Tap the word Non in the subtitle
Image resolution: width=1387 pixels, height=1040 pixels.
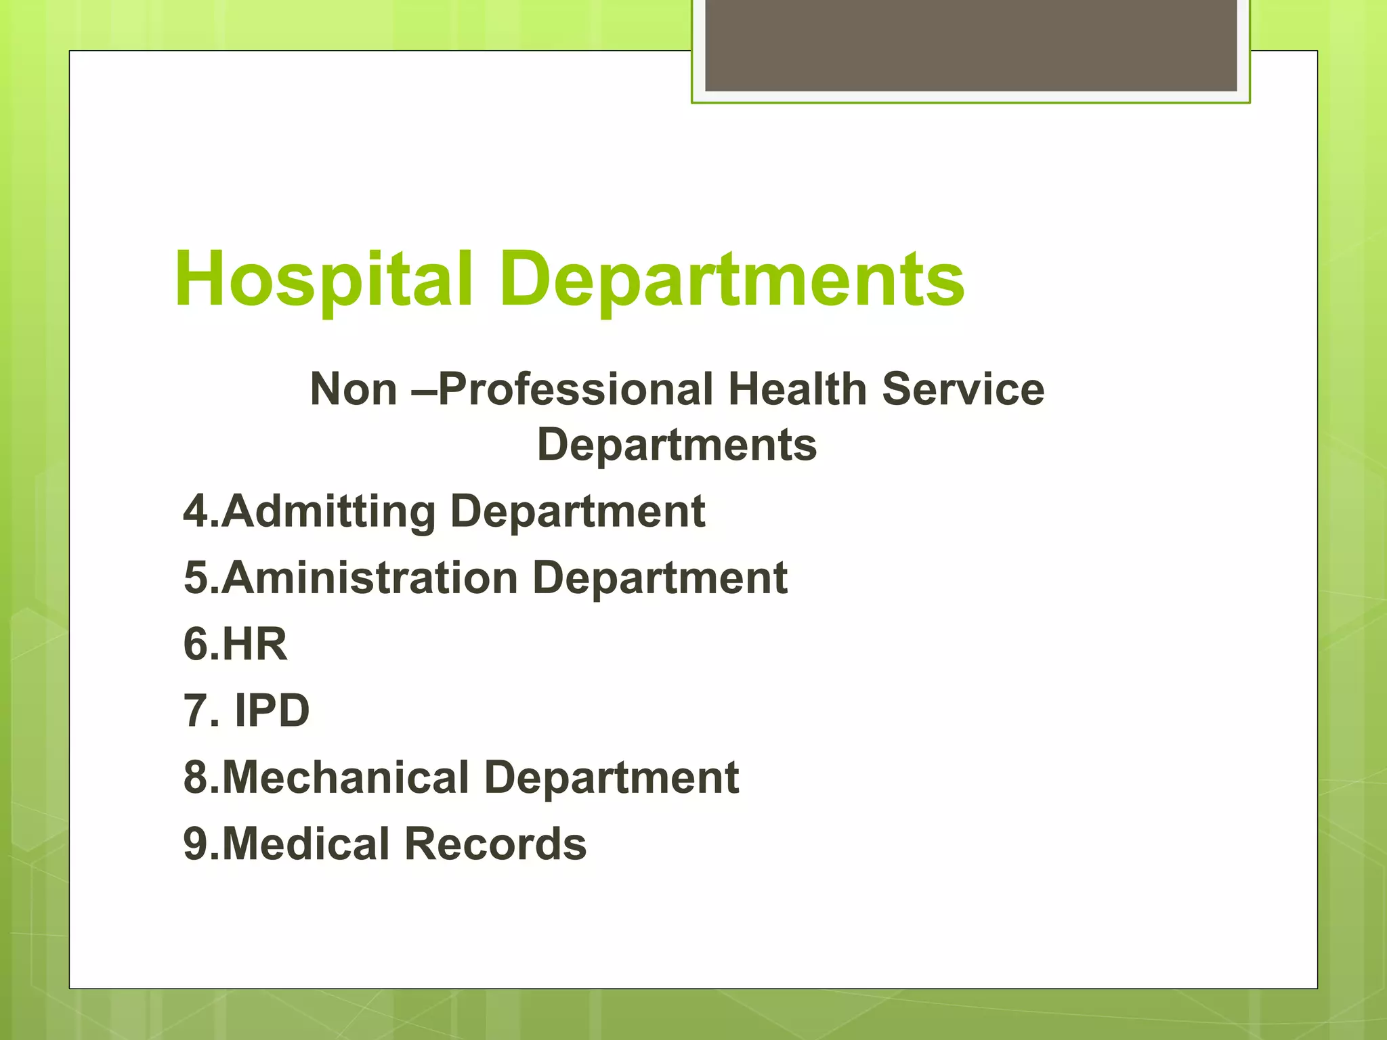pyautogui.click(x=353, y=389)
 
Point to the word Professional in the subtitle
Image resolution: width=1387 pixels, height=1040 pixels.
pyautogui.click(x=576, y=389)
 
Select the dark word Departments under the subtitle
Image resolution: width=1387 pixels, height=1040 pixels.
pyautogui.click(x=677, y=446)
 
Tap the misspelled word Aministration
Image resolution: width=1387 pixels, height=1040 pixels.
pyautogui.click(x=370, y=578)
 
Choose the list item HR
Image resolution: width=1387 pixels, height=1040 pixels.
pyautogui.click(x=254, y=644)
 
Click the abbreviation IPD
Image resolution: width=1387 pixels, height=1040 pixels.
pyautogui.click(x=272, y=710)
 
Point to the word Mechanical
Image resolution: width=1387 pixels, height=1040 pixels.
pyautogui.click(x=345, y=777)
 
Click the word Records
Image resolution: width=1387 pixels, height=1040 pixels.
pyautogui.click(x=496, y=844)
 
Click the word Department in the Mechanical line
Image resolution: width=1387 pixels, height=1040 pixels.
pyautogui.click(x=612, y=777)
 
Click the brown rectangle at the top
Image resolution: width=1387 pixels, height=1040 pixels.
pyautogui.click(x=971, y=45)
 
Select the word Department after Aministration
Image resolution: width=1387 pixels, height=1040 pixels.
pyautogui.click(x=660, y=578)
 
